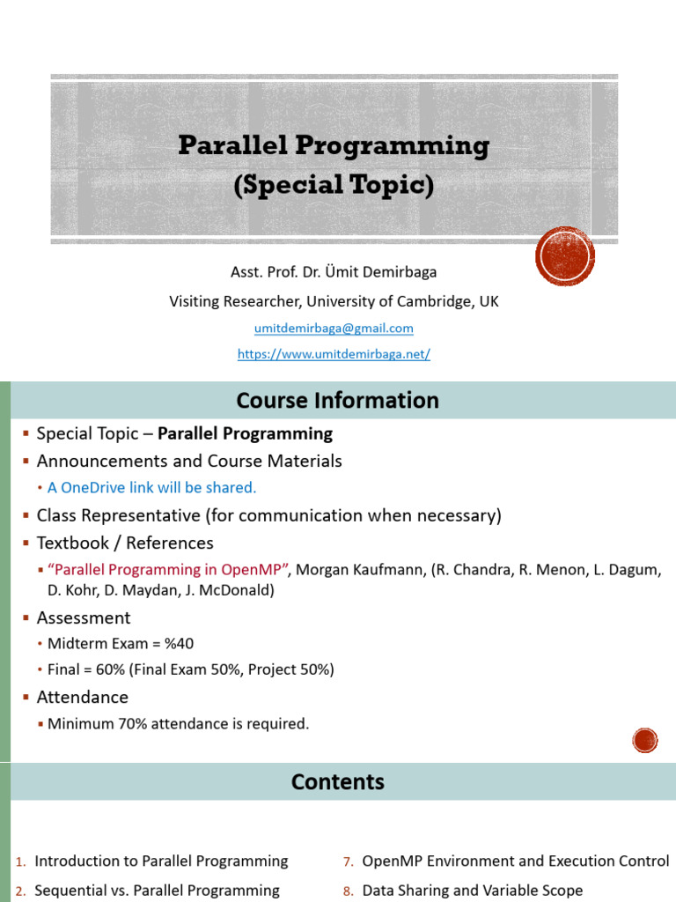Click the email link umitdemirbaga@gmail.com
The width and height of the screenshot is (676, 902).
point(334,328)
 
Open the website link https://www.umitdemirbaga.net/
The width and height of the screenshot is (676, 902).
point(334,354)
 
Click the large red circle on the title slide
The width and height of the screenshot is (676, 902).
point(565,256)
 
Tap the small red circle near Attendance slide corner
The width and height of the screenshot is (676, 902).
point(645,740)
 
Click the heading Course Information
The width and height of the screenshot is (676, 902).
point(337,401)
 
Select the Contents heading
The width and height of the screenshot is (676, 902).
point(337,782)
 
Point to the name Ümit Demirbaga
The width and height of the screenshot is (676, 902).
point(380,271)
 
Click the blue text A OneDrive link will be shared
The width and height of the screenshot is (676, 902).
point(151,488)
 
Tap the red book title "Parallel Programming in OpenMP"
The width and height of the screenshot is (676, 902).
point(168,570)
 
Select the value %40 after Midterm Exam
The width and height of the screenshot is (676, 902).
point(180,643)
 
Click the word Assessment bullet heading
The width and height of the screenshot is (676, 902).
point(84,617)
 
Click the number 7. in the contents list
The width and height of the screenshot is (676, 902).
point(349,861)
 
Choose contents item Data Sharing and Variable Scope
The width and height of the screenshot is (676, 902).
point(472,891)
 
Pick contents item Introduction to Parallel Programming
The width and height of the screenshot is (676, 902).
point(161,861)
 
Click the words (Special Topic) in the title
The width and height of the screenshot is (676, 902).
point(334,185)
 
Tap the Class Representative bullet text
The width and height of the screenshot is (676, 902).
point(269,515)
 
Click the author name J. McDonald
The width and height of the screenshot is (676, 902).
point(230,590)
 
